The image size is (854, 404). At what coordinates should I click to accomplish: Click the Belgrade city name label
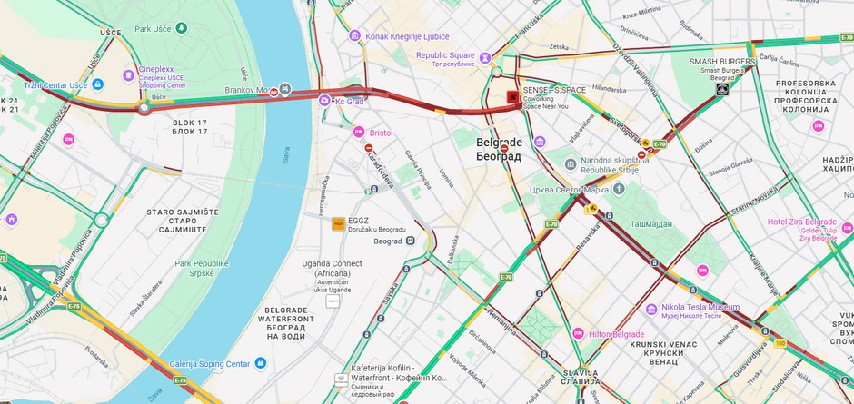click(x=499, y=149)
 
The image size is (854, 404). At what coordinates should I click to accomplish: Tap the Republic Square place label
click(x=445, y=55)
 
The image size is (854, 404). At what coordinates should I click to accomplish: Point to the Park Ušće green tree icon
click(x=183, y=28)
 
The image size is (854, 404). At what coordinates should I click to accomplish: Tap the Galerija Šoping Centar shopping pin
click(x=261, y=363)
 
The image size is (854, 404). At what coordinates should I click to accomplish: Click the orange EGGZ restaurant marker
click(x=338, y=223)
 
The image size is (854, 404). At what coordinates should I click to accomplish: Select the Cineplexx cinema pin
click(x=128, y=74)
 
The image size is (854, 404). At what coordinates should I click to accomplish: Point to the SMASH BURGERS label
click(x=722, y=62)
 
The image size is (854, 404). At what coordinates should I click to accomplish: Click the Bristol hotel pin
click(x=359, y=133)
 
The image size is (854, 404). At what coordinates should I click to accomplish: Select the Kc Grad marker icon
click(x=324, y=100)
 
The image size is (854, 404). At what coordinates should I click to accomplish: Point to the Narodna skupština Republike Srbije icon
click(x=571, y=164)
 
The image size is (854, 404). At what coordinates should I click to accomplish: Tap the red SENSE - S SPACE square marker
click(x=512, y=95)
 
